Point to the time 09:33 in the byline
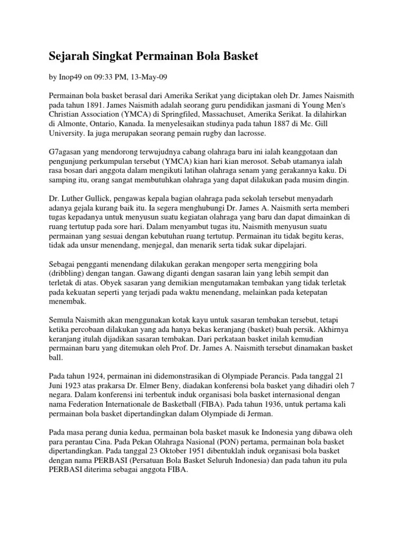click(103, 77)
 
